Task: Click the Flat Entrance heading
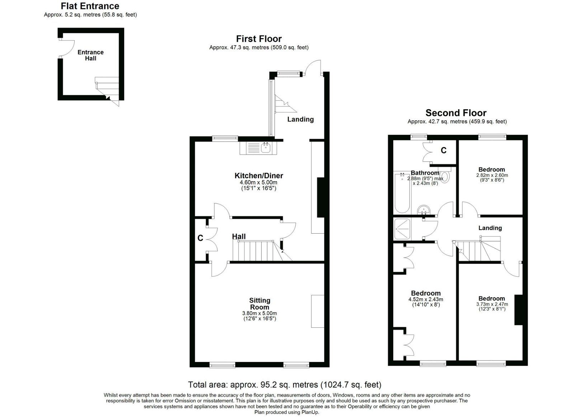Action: [x=90, y=6]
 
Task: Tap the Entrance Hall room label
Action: [x=90, y=55]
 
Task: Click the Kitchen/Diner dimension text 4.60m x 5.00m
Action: [x=259, y=182]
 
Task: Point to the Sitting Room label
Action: [x=260, y=304]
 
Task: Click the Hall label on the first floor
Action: [x=239, y=236]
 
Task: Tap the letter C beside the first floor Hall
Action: [x=200, y=238]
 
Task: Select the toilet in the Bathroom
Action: [x=445, y=176]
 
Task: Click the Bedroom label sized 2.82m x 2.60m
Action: [x=491, y=169]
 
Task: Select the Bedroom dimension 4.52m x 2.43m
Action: [x=425, y=299]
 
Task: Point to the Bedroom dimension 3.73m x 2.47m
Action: [x=492, y=304]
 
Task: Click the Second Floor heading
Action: [x=456, y=113]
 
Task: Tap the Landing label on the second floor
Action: [x=490, y=228]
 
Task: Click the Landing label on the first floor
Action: [x=300, y=119]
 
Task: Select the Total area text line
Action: [x=284, y=385]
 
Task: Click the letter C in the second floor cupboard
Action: [x=444, y=150]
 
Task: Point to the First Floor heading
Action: [x=259, y=39]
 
